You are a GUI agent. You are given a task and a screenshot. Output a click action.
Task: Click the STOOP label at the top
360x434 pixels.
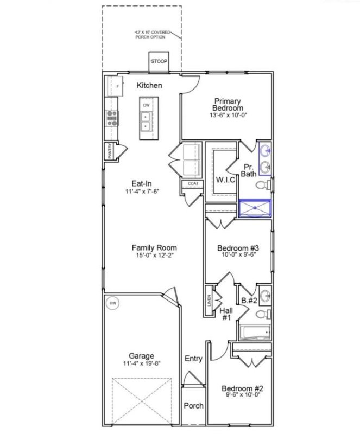159,61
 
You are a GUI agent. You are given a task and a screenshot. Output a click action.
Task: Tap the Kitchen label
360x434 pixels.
149,85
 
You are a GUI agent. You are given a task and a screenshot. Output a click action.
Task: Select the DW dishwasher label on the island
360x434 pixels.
146,105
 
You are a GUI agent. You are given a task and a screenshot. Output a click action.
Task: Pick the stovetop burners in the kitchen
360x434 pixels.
112,117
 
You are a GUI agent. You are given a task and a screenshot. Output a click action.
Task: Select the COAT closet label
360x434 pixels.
193,184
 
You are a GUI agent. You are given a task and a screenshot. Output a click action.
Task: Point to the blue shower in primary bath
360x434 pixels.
254,207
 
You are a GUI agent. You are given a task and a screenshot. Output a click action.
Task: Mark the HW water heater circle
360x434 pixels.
113,302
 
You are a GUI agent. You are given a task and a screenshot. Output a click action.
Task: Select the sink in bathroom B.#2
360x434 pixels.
264,296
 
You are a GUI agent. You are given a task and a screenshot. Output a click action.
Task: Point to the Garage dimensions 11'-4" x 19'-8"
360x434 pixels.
141,364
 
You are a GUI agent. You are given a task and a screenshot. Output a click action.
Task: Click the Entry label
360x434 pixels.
193,359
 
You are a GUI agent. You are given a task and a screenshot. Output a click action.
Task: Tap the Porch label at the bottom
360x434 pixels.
193,406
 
